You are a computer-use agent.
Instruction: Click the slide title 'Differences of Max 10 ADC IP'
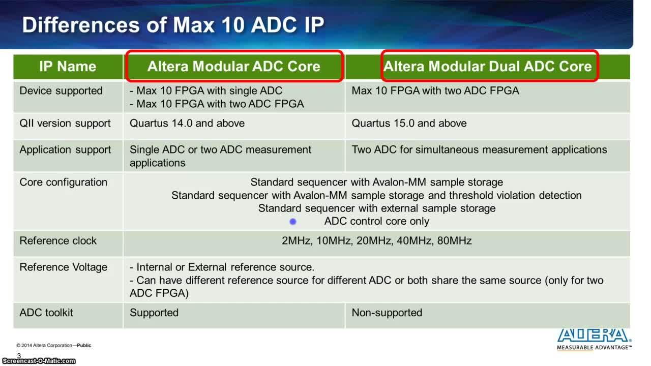point(173,25)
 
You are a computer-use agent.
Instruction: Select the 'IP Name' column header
point(68,67)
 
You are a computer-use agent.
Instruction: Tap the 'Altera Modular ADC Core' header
point(234,67)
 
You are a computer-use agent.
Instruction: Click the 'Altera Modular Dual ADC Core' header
point(488,67)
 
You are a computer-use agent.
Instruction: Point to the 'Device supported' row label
point(61,91)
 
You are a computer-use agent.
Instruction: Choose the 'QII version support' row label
point(65,124)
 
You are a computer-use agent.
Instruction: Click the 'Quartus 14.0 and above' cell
point(187,124)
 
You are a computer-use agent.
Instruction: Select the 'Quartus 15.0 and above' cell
point(409,124)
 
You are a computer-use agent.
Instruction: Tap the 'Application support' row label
point(65,150)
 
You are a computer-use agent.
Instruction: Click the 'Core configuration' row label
point(64,182)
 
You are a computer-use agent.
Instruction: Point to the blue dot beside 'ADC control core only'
point(293,222)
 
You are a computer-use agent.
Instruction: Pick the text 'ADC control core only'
point(377,221)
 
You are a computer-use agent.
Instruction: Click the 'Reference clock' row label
point(58,241)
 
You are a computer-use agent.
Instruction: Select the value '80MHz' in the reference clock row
point(454,241)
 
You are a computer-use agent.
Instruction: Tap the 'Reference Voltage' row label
point(64,267)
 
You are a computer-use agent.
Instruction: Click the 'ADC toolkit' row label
point(46,313)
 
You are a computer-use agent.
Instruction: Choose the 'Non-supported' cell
point(387,313)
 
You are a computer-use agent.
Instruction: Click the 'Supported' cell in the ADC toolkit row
point(154,313)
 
